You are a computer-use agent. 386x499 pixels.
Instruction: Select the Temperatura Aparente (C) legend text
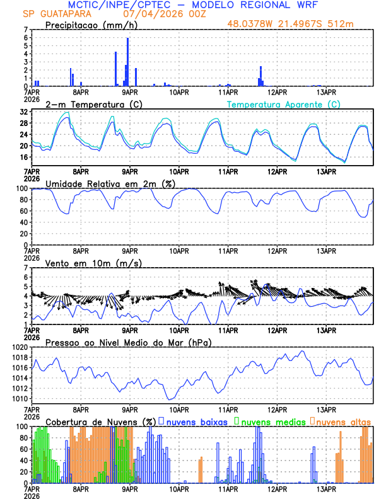point(283,104)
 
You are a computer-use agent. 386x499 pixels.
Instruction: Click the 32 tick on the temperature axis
point(23,112)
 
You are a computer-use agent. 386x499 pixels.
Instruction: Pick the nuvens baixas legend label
point(196,421)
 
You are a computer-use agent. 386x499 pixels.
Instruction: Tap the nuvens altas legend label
point(343,421)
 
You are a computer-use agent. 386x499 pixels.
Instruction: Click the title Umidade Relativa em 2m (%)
point(107,183)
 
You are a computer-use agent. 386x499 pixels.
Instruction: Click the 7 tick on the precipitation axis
point(25,30)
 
